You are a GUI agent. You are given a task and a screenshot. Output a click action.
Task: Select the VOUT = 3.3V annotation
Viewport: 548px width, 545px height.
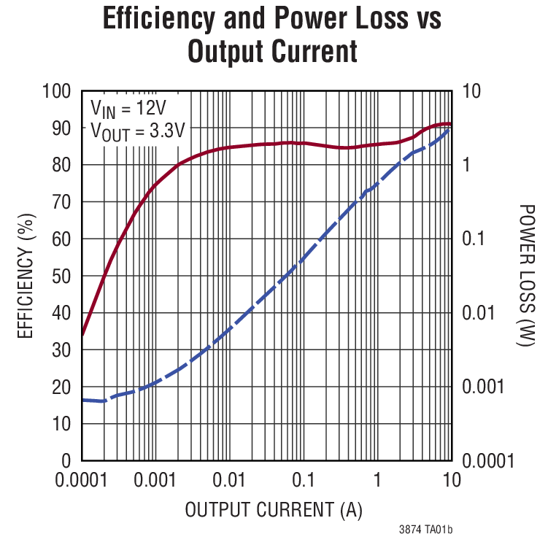(137, 131)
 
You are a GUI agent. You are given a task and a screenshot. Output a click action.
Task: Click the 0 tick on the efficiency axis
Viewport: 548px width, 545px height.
(66, 461)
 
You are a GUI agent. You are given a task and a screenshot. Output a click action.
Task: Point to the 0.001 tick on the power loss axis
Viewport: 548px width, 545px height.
(484, 387)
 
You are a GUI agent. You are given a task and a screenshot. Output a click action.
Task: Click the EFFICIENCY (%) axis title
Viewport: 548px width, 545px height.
(26, 276)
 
